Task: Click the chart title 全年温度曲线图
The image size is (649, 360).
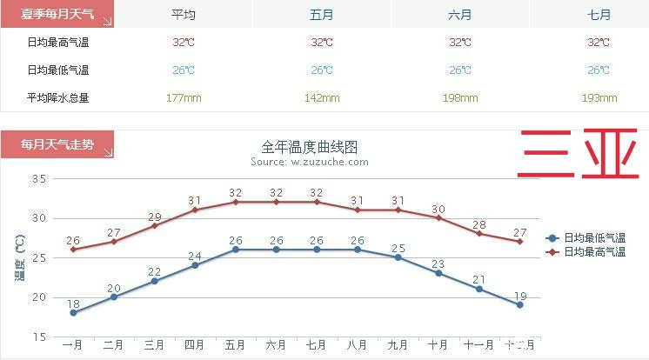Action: click(310, 147)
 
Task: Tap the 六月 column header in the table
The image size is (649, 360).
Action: click(460, 15)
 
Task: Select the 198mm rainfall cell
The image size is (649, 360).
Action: click(460, 97)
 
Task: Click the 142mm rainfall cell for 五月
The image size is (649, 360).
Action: click(322, 97)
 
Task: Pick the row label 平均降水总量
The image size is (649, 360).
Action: click(58, 97)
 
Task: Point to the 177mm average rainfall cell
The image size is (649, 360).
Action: click(184, 97)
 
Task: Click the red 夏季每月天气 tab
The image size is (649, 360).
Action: click(57, 15)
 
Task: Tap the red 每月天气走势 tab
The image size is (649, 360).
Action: click(57, 145)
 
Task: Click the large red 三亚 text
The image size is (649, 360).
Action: click(578, 154)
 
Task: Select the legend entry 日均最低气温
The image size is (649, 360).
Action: click(594, 237)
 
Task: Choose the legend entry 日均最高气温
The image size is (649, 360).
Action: click(594, 251)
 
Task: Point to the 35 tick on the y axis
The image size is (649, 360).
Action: click(39, 178)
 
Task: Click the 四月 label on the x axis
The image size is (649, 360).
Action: click(195, 345)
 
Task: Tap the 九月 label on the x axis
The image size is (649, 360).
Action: click(398, 345)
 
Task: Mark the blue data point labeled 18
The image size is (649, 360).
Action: click(73, 313)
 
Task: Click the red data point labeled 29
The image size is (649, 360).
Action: click(154, 225)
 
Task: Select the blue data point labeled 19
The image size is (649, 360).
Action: click(519, 304)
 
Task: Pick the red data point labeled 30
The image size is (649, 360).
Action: click(438, 217)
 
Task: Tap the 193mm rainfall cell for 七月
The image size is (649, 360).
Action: click(599, 97)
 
